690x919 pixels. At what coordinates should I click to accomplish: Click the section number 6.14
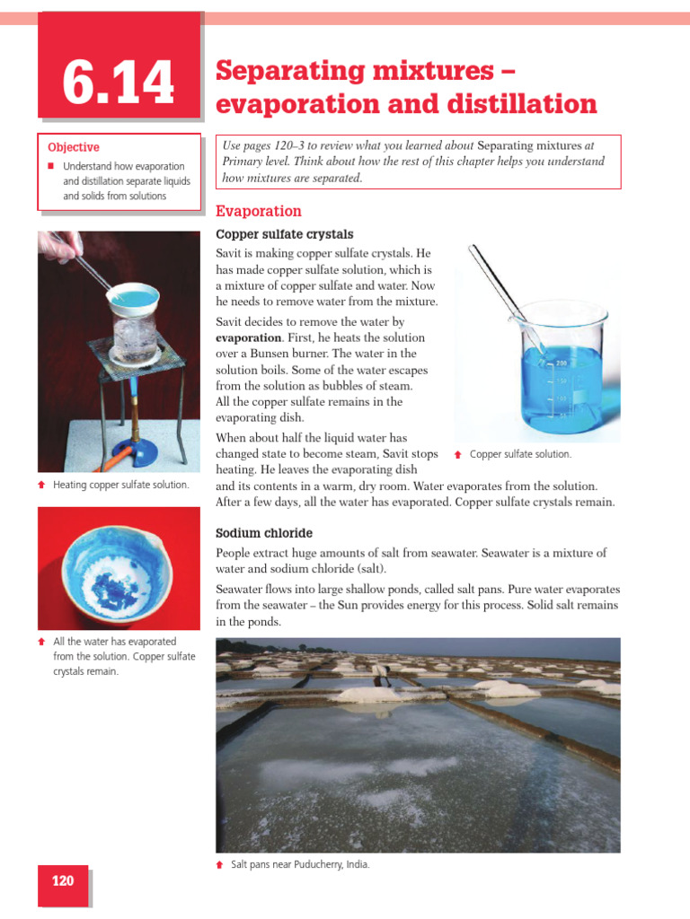119,83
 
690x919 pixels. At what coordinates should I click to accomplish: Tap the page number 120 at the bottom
63,880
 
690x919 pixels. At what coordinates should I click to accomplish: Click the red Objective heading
74,147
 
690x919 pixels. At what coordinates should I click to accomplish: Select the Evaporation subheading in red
259,212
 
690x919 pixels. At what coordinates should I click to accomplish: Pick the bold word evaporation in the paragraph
247,338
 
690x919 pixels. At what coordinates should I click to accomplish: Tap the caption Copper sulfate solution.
520,455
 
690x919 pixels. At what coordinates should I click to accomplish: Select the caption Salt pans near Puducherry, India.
300,864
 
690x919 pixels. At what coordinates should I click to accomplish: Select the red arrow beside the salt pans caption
220,864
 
